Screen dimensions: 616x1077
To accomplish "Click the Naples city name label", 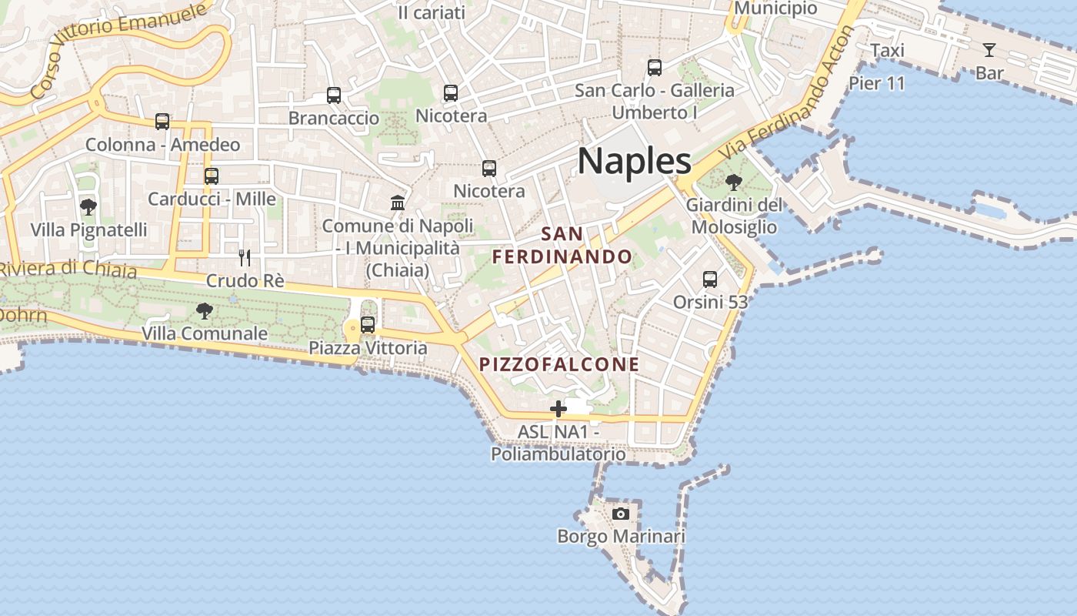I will [x=634, y=161].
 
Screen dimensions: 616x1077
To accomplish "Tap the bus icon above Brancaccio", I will [x=334, y=95].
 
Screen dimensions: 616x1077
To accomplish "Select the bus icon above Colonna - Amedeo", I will [x=162, y=122].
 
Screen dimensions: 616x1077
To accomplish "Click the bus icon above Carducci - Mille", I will [x=212, y=176].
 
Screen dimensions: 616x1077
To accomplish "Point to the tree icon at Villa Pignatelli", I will [x=88, y=207].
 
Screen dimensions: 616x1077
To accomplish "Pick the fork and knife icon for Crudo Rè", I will [x=245, y=258].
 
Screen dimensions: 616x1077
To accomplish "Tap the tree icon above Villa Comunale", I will [x=205, y=311].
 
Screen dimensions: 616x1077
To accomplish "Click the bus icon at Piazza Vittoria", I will [x=368, y=325].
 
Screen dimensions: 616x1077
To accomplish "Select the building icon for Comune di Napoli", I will [x=398, y=203].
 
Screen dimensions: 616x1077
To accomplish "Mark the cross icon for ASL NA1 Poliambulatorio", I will [x=559, y=409].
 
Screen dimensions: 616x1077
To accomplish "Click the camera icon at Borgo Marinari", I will [x=621, y=514].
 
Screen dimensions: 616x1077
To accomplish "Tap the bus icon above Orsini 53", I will [x=710, y=280].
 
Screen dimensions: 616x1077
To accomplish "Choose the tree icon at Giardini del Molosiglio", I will [x=734, y=182].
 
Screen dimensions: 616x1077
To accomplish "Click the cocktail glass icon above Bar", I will [x=989, y=51].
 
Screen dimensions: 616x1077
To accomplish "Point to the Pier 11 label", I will [x=877, y=83].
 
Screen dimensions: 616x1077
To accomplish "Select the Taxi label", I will [x=887, y=51].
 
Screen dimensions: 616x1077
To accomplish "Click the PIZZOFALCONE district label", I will [x=559, y=364].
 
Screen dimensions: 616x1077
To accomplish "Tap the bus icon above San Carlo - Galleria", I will [x=655, y=68].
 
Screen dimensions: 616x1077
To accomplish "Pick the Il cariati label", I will [x=432, y=12].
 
